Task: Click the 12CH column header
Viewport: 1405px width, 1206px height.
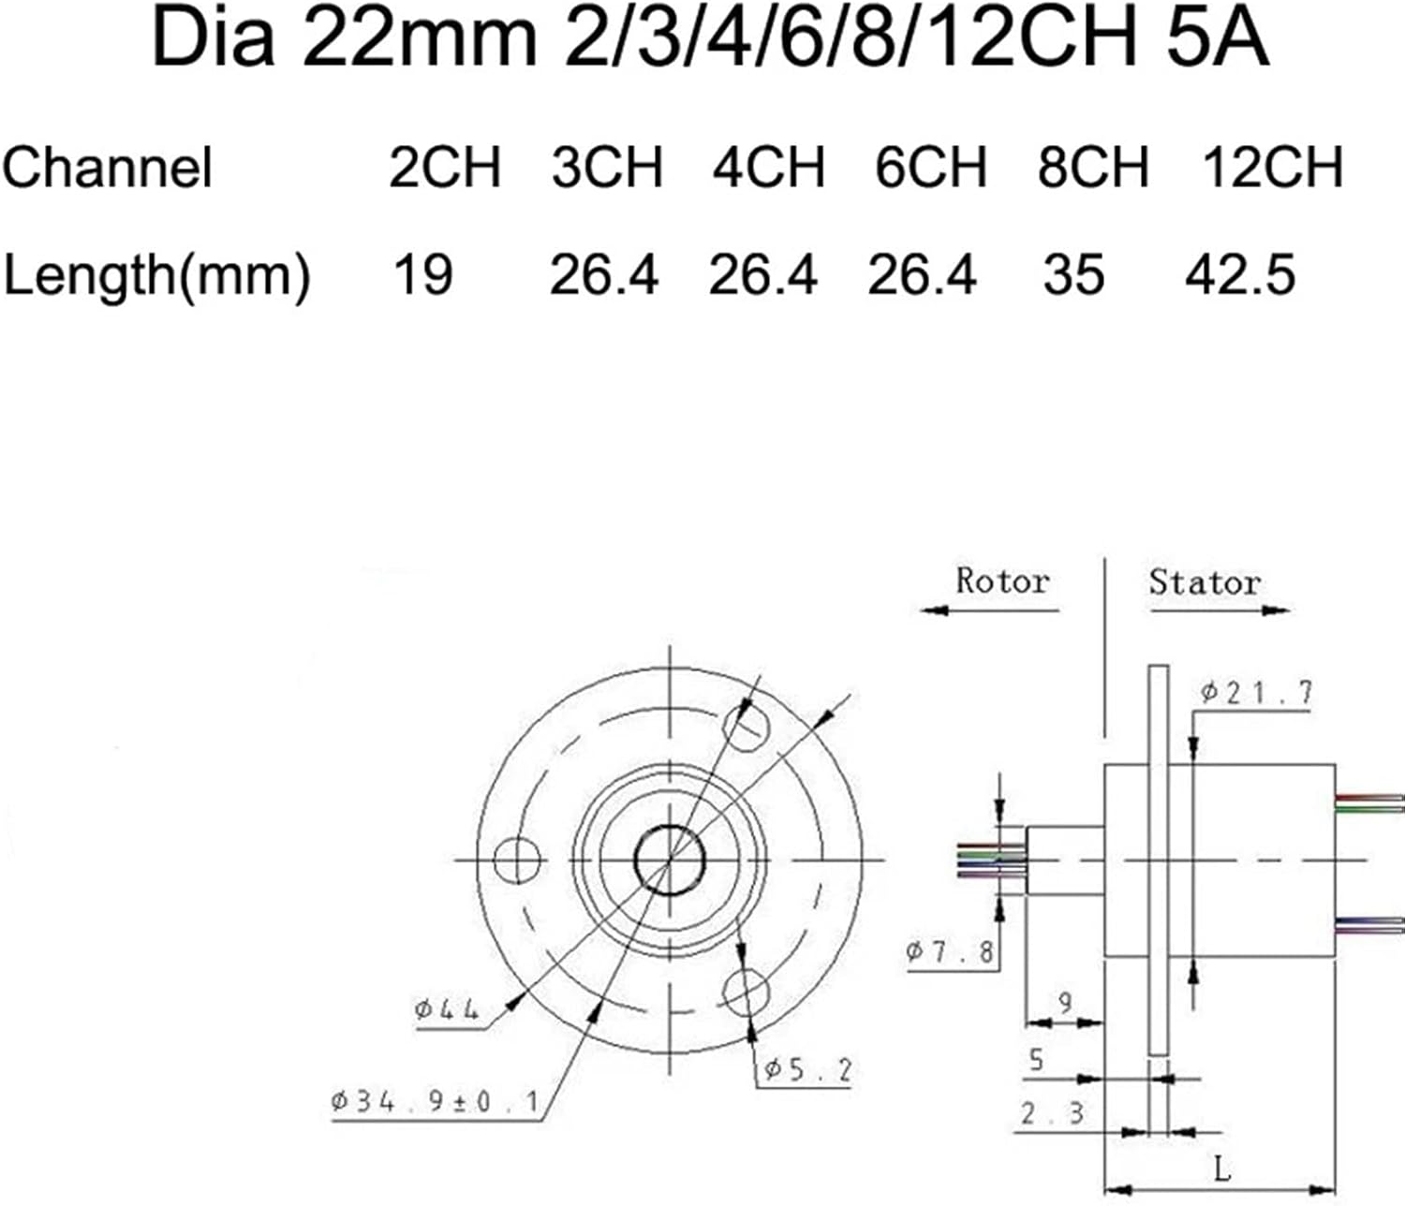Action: tap(1272, 167)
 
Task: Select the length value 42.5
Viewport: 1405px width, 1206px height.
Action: tap(1240, 275)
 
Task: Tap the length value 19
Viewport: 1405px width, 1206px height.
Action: tap(422, 275)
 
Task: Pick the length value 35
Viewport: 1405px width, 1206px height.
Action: tap(1073, 275)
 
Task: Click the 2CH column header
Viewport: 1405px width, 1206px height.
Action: tap(445, 167)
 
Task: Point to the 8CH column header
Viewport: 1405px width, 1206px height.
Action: tap(1092, 167)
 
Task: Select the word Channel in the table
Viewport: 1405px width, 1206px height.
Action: tap(108, 169)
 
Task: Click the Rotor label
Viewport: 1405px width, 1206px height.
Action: tap(1001, 581)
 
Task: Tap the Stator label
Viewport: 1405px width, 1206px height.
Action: tap(1205, 582)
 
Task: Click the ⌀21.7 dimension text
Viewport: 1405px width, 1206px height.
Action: tap(1257, 693)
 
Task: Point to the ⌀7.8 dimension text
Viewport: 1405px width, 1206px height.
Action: tap(950, 952)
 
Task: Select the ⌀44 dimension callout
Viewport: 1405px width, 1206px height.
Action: tap(447, 1010)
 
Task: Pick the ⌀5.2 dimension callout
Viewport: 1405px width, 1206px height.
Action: tap(807, 1069)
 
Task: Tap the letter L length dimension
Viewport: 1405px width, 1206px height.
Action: tap(1221, 1169)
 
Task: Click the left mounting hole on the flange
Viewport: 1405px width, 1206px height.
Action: tap(517, 860)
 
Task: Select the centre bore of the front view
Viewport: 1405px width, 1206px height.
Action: tap(669, 860)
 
